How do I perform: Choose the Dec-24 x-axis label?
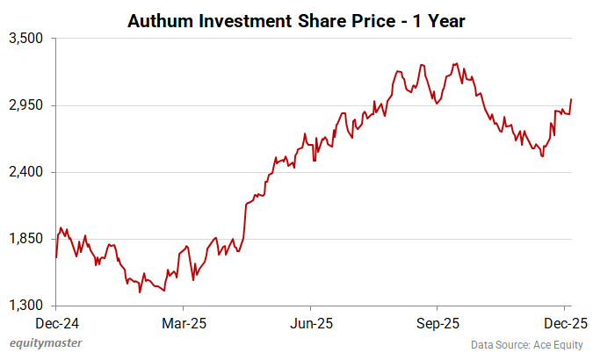point(56,321)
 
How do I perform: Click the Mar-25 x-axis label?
point(184,321)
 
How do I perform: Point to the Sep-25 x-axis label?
point(437,321)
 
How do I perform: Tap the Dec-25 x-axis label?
point(564,321)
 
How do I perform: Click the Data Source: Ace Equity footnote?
point(526,344)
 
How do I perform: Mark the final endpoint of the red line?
point(571,99)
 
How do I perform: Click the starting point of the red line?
point(56,256)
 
